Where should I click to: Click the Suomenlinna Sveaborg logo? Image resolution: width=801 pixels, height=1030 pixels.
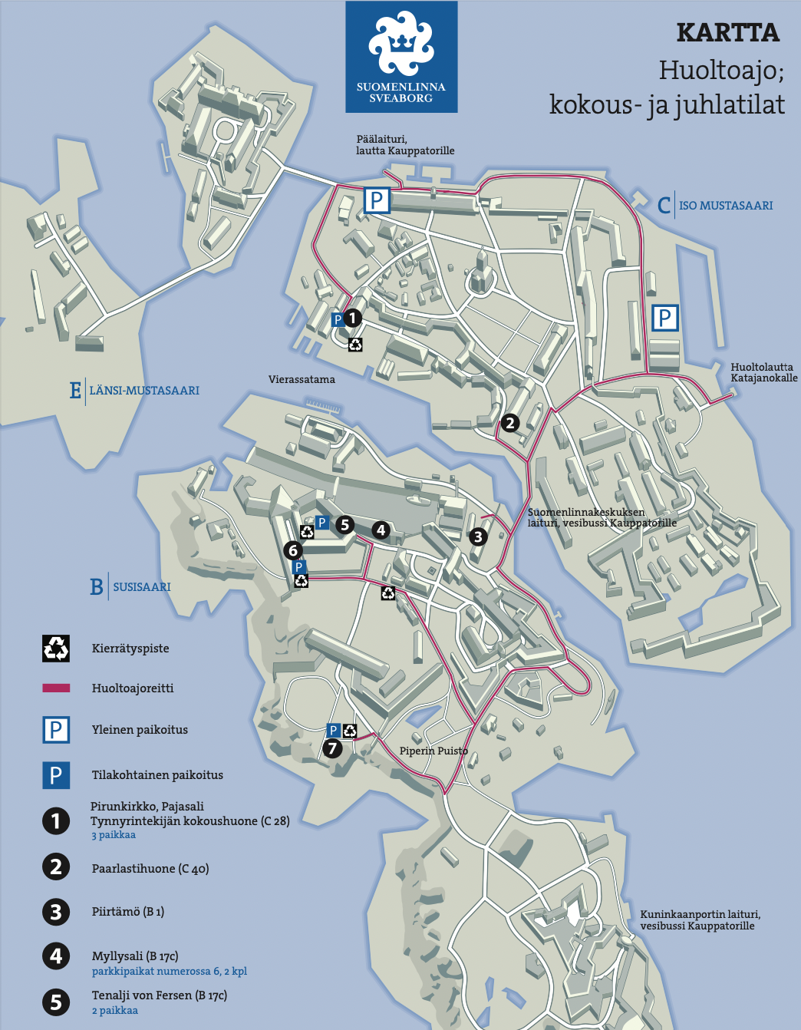coord(401,58)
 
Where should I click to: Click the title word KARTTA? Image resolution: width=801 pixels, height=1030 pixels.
coord(727,33)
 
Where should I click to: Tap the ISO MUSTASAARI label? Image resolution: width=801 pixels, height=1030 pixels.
coord(725,206)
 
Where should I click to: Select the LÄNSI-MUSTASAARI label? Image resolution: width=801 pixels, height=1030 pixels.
coord(143,391)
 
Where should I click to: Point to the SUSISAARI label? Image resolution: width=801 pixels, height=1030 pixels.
coord(141,587)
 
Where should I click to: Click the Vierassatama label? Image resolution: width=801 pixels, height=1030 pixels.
coord(302,379)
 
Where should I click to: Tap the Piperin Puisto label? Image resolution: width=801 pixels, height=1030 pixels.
coord(433,751)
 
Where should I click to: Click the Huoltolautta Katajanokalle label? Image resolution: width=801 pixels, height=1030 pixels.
coord(763,372)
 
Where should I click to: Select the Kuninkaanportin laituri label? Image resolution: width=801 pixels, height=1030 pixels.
coord(700,919)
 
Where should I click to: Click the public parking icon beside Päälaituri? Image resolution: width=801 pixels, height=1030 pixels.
coord(377,200)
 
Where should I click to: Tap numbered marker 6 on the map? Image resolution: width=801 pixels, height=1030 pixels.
coord(292,550)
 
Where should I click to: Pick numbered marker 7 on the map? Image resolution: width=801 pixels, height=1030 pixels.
coord(332,748)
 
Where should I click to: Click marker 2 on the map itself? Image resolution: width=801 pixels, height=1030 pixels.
coord(509,422)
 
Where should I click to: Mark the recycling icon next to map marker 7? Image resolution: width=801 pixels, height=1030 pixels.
coord(350,731)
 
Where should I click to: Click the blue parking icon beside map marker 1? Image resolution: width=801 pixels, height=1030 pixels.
coord(337,319)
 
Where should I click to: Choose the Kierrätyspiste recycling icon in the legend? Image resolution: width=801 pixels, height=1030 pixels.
coord(56,649)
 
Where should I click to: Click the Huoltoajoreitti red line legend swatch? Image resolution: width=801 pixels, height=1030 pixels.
coord(56,688)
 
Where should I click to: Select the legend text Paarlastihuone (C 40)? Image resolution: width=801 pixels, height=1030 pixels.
coord(150,869)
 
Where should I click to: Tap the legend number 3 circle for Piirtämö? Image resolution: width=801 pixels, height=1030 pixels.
coord(56,912)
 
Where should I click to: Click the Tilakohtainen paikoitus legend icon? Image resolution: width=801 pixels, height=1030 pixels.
coord(56,775)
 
